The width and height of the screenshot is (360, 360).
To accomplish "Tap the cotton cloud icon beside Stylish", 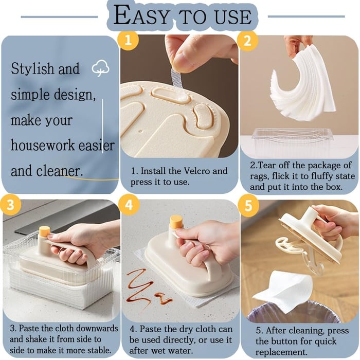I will pyautogui.click(x=99, y=68).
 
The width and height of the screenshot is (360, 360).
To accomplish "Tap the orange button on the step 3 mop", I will pyautogui.click(x=44, y=231).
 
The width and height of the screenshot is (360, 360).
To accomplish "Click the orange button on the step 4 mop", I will pyautogui.click(x=176, y=222).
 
